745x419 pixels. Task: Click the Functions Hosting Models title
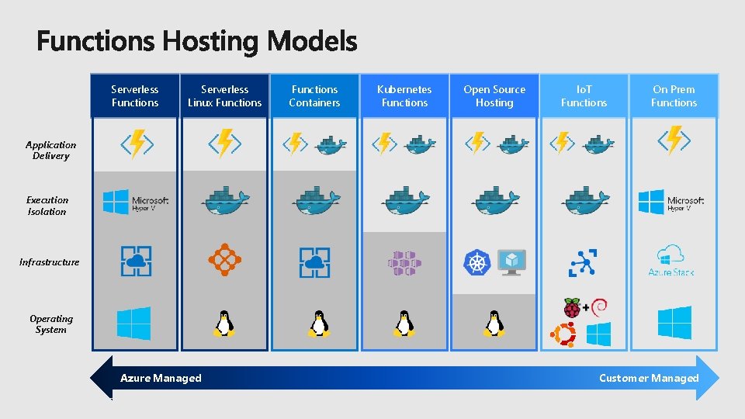click(x=197, y=41)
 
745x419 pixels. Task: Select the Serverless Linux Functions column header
click(x=225, y=96)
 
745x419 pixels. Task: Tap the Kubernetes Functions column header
click(x=404, y=96)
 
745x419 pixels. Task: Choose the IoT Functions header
click(x=584, y=96)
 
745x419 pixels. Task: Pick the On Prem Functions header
click(x=674, y=96)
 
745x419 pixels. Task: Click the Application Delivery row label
click(x=50, y=151)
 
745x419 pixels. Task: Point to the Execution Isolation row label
click(x=47, y=206)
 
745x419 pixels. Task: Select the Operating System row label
click(x=51, y=324)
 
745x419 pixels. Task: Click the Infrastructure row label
click(x=50, y=262)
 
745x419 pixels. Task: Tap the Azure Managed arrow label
click(x=161, y=379)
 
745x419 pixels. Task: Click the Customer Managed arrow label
click(x=649, y=379)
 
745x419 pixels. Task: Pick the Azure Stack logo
click(x=670, y=261)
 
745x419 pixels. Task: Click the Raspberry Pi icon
click(x=572, y=308)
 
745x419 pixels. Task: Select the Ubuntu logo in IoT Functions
click(x=563, y=334)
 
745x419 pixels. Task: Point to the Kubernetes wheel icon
click(x=477, y=262)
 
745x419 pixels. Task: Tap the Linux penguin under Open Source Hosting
click(x=494, y=323)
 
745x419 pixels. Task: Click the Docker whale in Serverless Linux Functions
click(x=225, y=201)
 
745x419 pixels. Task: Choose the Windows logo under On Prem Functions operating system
click(x=674, y=323)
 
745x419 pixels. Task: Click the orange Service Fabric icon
click(x=225, y=261)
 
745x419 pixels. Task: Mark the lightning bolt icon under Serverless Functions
click(x=136, y=144)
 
